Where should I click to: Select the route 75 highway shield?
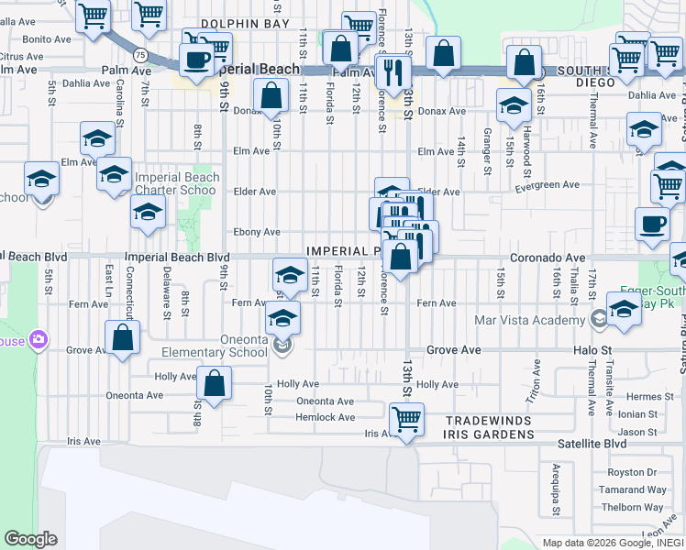coord(138,55)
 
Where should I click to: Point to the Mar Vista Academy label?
coord(529,320)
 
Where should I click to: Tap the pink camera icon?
coord(38,340)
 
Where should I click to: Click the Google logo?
coord(30,539)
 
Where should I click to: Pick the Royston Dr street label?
coord(634,473)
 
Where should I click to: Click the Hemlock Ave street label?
coord(325,417)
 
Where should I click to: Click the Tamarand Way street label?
coord(632,489)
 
